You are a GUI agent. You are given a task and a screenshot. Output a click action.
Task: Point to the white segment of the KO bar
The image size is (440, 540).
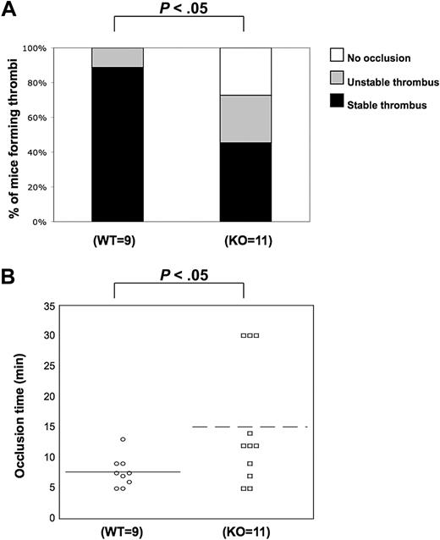pos(245,71)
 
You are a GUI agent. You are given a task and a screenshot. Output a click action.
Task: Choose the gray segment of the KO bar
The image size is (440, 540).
pos(245,118)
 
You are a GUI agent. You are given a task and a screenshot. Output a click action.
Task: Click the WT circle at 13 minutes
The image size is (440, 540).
pos(124,439)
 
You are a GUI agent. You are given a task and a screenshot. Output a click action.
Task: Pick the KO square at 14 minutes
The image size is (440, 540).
pos(250,433)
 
